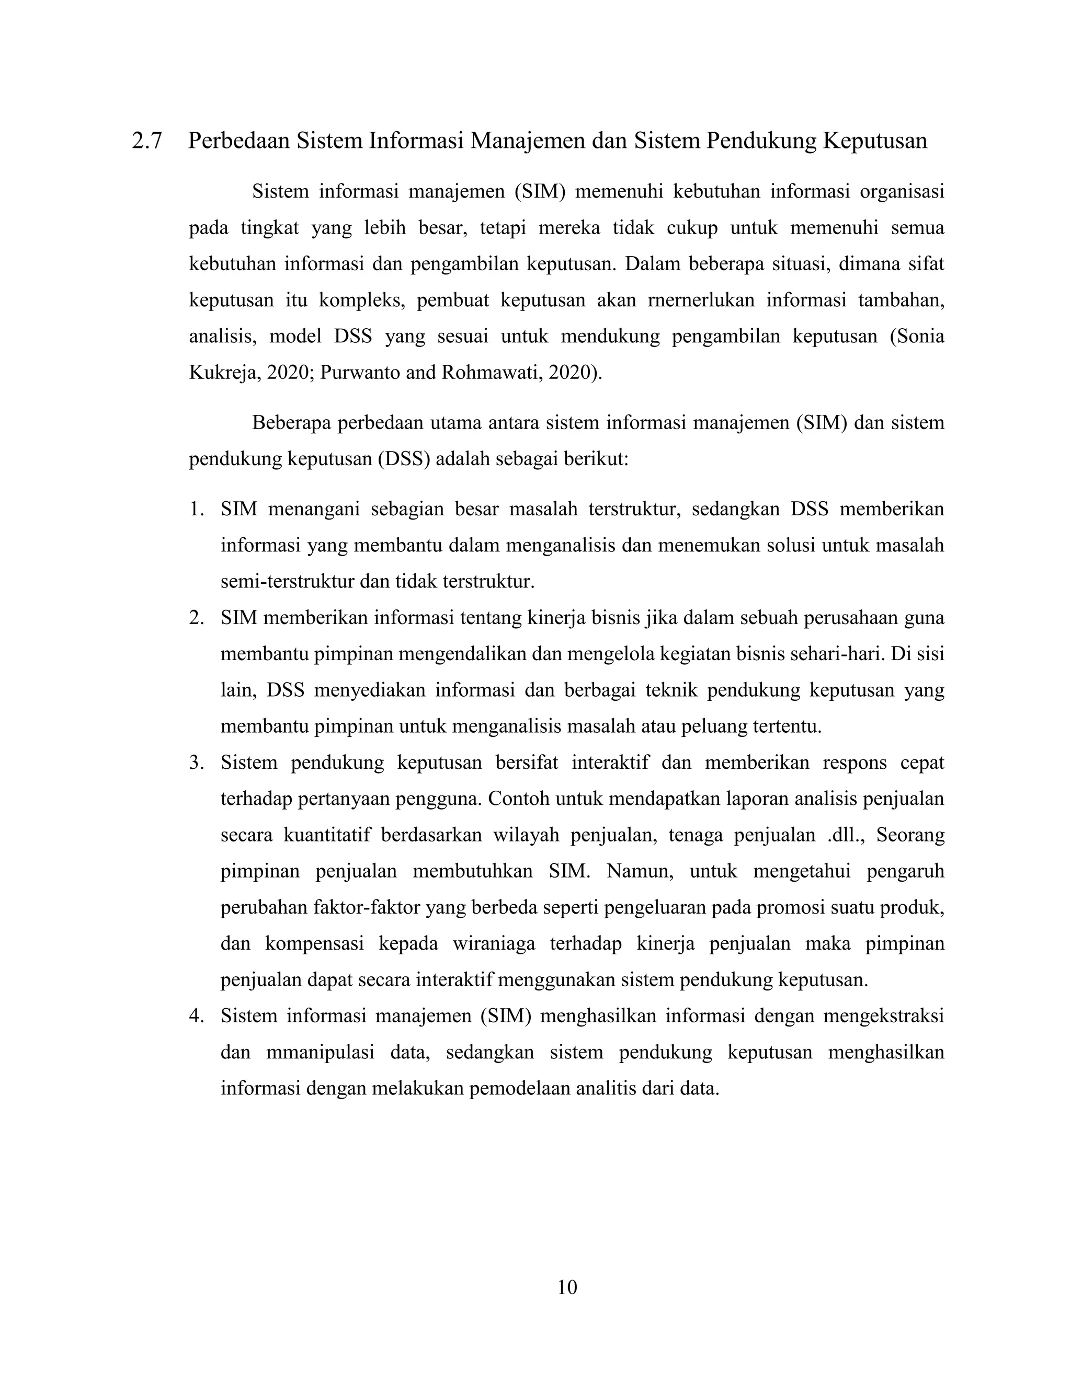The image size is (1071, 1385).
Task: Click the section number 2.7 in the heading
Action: point(146,141)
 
